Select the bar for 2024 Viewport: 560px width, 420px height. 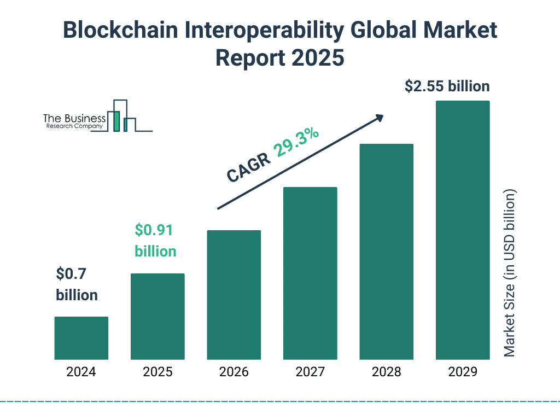81,338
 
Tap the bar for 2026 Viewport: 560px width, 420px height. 234,295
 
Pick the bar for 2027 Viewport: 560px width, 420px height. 310,273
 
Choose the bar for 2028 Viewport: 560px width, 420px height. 386,252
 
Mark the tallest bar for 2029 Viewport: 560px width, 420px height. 463,230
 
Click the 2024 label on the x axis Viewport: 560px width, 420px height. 81,372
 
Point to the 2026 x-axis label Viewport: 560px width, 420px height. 234,372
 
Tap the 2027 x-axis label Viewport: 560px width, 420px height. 310,372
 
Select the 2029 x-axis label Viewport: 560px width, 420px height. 463,372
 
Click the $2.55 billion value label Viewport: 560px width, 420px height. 447,86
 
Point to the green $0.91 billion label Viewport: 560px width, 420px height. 155,241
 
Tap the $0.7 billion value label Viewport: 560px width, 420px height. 77,284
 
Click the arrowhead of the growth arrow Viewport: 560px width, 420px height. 379,118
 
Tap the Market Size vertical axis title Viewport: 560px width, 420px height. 510,273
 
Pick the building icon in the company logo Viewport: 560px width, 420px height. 122,116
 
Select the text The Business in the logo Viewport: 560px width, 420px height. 74,118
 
